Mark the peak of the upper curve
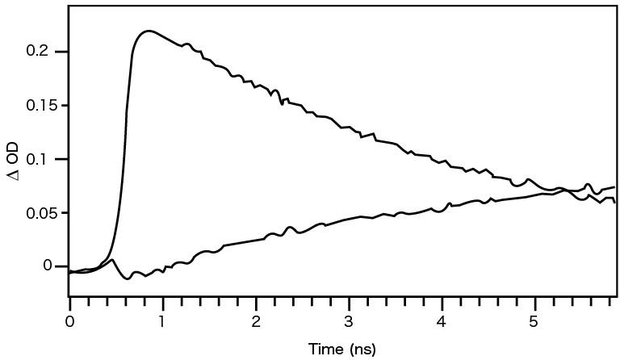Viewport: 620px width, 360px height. pos(149,31)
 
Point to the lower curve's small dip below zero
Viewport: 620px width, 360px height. pos(128,278)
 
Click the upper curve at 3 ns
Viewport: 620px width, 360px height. pos(349,128)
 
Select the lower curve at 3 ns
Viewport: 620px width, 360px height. pos(349,218)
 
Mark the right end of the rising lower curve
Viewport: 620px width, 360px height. pos(614,187)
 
